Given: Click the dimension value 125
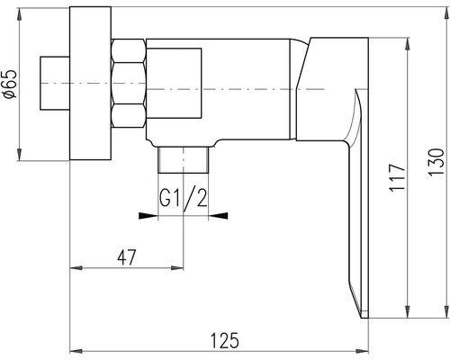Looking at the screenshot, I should pos(225,339).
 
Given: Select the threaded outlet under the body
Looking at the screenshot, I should pos(183,161).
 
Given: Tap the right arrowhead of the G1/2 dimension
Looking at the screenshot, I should pos(221,215).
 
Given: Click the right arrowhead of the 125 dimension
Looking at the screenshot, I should pos(364,351).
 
